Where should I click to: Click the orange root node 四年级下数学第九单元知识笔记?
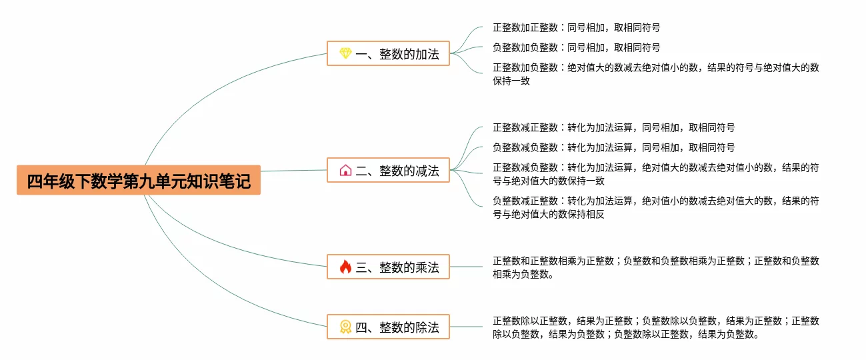(x=138, y=180)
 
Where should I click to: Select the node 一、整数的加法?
(x=388, y=53)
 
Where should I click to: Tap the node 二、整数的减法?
(x=388, y=171)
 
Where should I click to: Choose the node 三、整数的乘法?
(x=388, y=267)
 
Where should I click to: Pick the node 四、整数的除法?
(x=388, y=327)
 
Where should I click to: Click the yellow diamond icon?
(x=345, y=53)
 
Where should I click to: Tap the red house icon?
(x=345, y=171)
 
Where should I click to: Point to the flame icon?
(x=345, y=267)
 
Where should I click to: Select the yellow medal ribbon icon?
(x=345, y=327)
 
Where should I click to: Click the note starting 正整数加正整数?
(x=576, y=28)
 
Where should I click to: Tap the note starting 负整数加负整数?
(x=576, y=48)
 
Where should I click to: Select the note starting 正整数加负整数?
(x=655, y=74)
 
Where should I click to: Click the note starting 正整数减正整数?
(x=613, y=127)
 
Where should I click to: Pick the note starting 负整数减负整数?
(x=613, y=147)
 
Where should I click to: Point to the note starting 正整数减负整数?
(x=655, y=174)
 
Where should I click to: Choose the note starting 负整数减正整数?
(x=655, y=207)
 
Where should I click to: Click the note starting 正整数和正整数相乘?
(x=655, y=267)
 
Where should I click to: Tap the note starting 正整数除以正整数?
(x=655, y=327)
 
